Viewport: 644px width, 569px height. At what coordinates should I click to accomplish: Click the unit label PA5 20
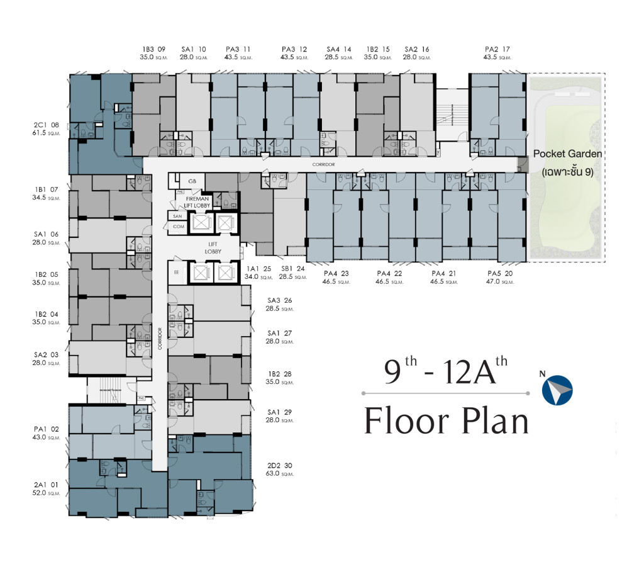pos(501,273)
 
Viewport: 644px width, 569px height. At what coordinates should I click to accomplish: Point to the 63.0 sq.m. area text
pos(280,476)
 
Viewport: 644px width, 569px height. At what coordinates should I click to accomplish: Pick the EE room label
pos(176,273)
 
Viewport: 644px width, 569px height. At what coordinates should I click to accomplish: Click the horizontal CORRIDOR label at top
pos(322,164)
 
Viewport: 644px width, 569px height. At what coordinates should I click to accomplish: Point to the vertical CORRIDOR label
pos(160,338)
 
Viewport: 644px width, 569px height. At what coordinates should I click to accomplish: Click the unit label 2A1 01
pos(46,485)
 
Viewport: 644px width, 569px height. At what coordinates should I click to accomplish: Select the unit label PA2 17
pos(497,48)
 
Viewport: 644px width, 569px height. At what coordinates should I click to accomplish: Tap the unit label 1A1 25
pos(258,268)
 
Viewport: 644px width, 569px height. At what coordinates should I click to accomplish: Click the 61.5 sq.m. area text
pos(48,134)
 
